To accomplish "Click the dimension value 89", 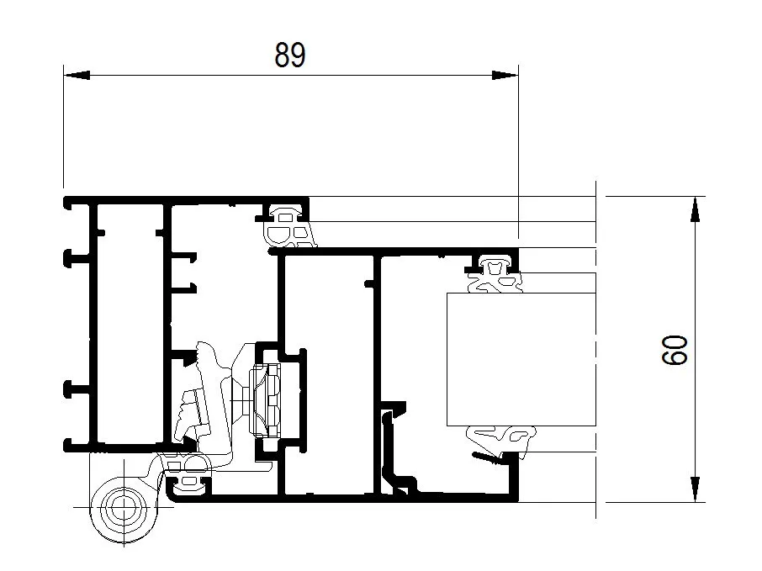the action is coord(290,55).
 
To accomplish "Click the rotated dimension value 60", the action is coord(675,350).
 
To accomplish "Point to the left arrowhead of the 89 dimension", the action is coord(77,76).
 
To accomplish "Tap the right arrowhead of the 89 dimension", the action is coord(505,76).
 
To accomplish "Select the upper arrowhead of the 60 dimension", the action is coord(696,209).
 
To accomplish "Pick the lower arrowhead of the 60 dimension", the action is coord(696,489).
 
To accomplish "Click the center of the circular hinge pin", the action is coord(124,507).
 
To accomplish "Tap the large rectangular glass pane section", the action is coord(521,360).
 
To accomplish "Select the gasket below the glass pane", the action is coord(501,439).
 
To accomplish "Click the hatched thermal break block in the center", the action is coord(265,401).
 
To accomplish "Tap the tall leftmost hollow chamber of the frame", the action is coord(130,323).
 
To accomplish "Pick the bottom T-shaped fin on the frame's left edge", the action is coord(77,446).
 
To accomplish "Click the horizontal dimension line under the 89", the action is coord(291,76).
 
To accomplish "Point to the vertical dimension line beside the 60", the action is coord(696,349).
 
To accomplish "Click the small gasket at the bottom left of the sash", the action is coord(189,484).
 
